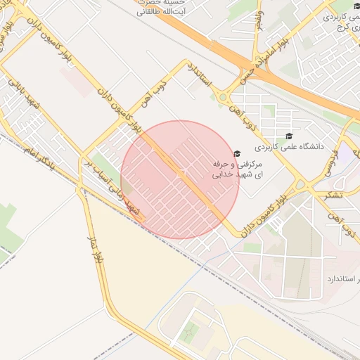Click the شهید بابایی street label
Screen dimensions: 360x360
point(24,98)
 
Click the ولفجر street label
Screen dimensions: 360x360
point(261,21)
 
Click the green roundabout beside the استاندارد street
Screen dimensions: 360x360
point(224,97)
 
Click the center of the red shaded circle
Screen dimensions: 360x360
point(181,179)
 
